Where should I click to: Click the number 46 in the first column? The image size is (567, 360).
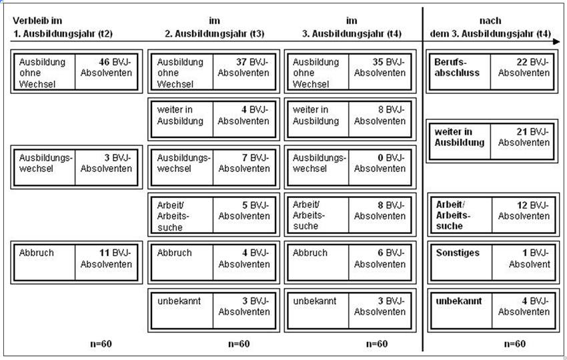click(104, 62)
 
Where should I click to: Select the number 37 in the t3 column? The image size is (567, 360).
click(241, 62)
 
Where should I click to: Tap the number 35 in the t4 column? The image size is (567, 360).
click(378, 62)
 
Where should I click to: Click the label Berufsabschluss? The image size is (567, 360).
click(457, 67)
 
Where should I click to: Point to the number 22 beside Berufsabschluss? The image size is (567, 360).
click(522, 62)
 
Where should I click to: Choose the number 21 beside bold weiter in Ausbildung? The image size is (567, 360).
click(522, 131)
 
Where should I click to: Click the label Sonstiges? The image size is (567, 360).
click(458, 253)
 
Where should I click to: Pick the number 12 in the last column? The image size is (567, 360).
click(522, 205)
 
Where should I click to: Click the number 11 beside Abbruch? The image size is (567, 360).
click(105, 253)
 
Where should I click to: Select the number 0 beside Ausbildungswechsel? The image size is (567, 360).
click(380, 157)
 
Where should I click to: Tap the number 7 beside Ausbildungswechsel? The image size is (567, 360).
click(245, 157)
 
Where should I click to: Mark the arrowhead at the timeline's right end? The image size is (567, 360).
click(556, 41)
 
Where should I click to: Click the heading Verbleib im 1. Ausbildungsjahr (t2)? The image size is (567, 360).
click(63, 27)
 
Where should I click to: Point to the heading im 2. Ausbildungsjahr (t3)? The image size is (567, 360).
click(214, 27)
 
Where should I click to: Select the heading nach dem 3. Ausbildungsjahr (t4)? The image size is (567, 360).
click(490, 27)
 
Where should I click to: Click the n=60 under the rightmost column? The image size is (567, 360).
click(514, 344)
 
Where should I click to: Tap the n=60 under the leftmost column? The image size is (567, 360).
click(101, 344)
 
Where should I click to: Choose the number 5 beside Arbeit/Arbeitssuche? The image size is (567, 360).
click(245, 205)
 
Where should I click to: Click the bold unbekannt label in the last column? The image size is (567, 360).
click(458, 301)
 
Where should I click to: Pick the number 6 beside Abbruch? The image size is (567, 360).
click(380, 253)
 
